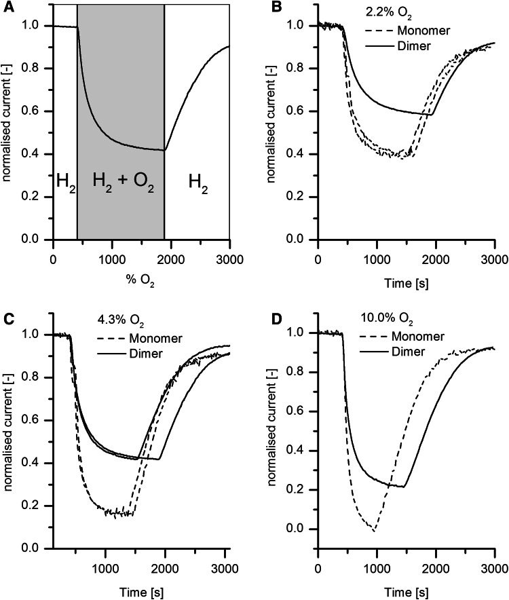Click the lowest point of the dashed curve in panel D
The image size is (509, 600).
click(x=373, y=531)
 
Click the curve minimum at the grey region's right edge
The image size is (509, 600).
click(x=164, y=150)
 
